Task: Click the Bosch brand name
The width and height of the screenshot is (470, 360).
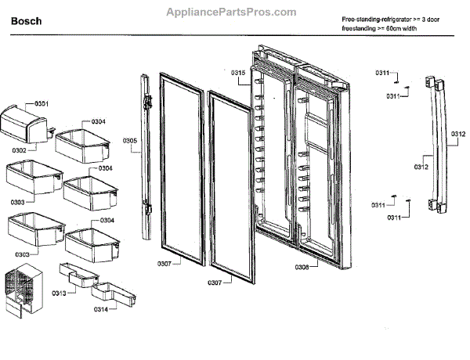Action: pyautogui.click(x=27, y=21)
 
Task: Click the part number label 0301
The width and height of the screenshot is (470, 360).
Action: pyautogui.click(x=42, y=103)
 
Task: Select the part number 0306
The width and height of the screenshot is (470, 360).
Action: pyautogui.click(x=302, y=268)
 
